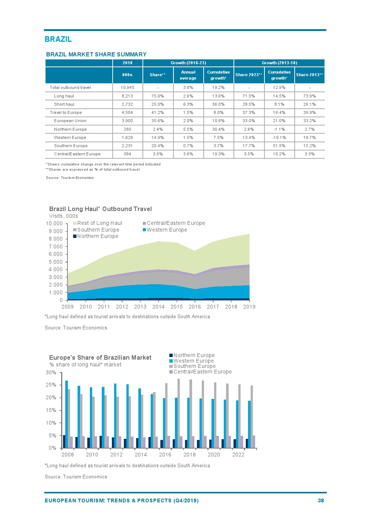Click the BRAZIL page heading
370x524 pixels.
coord(58,39)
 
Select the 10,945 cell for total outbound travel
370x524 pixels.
coord(127,87)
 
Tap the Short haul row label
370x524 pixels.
coord(64,104)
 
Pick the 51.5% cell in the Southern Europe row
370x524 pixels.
coord(279,146)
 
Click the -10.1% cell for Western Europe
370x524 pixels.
coord(279,137)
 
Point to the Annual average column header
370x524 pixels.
coord(188,75)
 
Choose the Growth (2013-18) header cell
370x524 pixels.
coord(279,63)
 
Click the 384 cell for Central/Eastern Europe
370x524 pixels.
coord(127,154)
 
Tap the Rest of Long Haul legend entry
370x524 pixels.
coord(99,223)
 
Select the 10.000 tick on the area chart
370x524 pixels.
coord(54,224)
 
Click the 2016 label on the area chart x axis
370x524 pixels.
coord(195,307)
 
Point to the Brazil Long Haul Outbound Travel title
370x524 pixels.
coord(100,209)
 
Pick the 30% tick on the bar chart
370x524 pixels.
coord(51,373)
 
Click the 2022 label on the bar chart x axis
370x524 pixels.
coord(238,455)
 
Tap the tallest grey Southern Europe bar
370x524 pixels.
coord(179,413)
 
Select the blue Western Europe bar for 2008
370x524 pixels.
coord(67,414)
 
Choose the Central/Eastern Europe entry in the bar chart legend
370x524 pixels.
coord(202,372)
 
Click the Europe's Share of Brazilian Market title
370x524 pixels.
coord(100,357)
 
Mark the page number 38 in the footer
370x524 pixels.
coord(321,500)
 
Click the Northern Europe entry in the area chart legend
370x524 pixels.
coord(97,236)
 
